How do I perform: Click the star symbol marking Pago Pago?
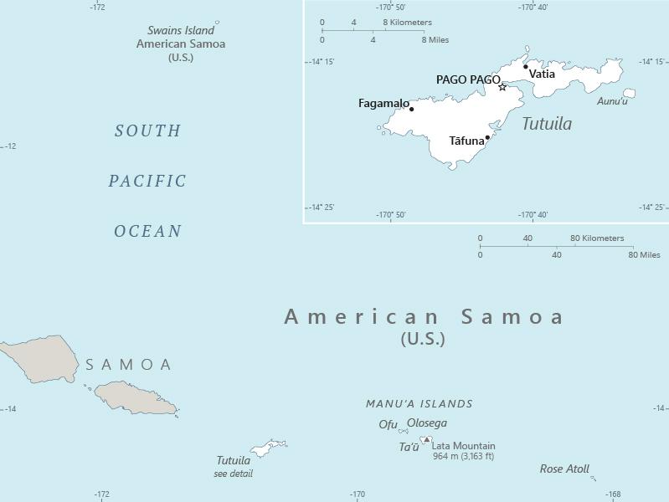click(502, 87)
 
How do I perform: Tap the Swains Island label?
click(181, 30)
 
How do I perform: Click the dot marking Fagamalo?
click(411, 109)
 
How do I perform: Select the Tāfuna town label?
click(466, 141)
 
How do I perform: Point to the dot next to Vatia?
click(526, 67)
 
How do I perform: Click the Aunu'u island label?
click(612, 101)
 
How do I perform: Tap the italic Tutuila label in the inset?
click(547, 124)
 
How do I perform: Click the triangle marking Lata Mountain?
click(426, 439)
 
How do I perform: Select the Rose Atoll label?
click(564, 469)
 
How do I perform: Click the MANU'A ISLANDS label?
click(419, 403)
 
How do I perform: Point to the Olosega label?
click(427, 423)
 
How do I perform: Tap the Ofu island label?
click(388, 424)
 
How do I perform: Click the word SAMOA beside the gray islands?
click(129, 365)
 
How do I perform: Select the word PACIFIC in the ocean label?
click(147, 181)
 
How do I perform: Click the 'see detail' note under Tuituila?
click(233, 474)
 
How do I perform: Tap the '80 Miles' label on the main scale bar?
click(644, 254)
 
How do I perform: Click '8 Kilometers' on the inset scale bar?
click(408, 23)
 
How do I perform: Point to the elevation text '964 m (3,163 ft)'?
click(463, 457)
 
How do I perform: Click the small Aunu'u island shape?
click(629, 93)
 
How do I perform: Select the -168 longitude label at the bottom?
click(613, 494)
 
